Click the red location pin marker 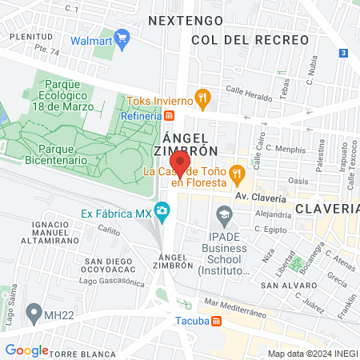click(x=181, y=164)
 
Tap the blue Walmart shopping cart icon click(x=122, y=37)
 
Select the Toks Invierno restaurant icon click(x=203, y=101)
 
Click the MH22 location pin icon click(x=34, y=310)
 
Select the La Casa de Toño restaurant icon click(x=237, y=172)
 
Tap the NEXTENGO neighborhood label click(x=182, y=19)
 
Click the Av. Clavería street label click(x=260, y=197)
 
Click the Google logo click(x=26, y=350)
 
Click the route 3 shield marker click(x=342, y=53)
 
